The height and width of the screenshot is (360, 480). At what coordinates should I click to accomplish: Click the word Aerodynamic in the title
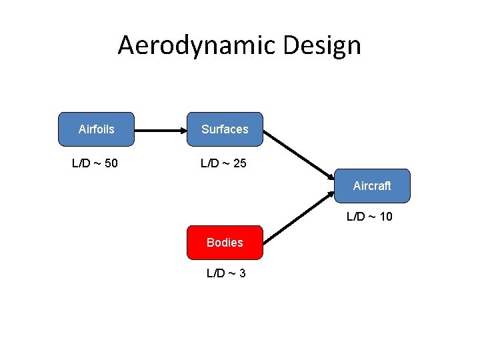[197, 45]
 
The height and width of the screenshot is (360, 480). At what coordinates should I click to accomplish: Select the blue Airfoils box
[97, 129]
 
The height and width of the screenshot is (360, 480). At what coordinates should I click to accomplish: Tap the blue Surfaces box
[225, 129]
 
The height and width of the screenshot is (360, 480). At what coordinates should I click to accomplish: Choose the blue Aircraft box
[372, 186]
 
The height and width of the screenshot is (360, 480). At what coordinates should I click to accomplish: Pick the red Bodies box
[225, 242]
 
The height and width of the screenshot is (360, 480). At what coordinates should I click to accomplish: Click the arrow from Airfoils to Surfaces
[160, 129]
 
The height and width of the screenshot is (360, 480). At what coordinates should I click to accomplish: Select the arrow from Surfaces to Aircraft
[299, 154]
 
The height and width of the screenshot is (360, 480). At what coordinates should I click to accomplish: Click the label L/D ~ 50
[95, 163]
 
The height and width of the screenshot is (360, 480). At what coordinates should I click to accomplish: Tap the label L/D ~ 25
[224, 163]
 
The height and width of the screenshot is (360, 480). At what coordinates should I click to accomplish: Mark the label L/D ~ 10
[369, 216]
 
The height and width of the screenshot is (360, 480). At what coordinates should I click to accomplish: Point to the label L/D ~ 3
[226, 273]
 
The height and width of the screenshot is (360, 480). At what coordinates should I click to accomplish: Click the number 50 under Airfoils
[111, 163]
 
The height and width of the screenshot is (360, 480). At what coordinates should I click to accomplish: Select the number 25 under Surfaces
[240, 163]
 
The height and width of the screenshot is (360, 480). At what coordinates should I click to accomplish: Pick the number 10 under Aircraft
[385, 216]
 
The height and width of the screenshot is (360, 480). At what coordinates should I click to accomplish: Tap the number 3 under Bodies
[242, 273]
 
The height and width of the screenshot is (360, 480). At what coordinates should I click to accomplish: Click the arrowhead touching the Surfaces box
[182, 129]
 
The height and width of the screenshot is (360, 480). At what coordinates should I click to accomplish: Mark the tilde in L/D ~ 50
[97, 163]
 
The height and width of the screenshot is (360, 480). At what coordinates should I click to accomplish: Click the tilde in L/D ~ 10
[371, 216]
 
